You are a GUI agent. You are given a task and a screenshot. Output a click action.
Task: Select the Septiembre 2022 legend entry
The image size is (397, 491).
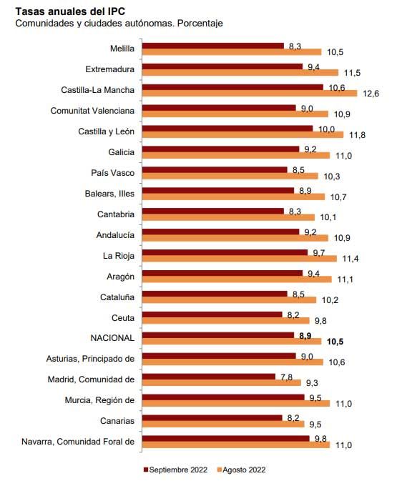pyautogui.click(x=179, y=470)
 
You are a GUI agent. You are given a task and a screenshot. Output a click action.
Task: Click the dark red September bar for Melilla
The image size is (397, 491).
pyautogui.click(x=213, y=46)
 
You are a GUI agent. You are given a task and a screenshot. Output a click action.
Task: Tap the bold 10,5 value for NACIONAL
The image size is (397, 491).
pyautogui.click(x=335, y=342)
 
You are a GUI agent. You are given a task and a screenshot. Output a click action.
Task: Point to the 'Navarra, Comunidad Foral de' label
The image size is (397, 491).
pyautogui.click(x=79, y=440)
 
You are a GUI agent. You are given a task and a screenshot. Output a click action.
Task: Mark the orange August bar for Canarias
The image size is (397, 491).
pyautogui.click(x=224, y=425)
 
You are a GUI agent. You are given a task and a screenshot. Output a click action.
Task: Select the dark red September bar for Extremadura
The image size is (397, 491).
pyautogui.click(x=222, y=66)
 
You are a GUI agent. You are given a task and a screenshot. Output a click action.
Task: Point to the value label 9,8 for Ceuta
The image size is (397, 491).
pyautogui.click(x=321, y=321)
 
